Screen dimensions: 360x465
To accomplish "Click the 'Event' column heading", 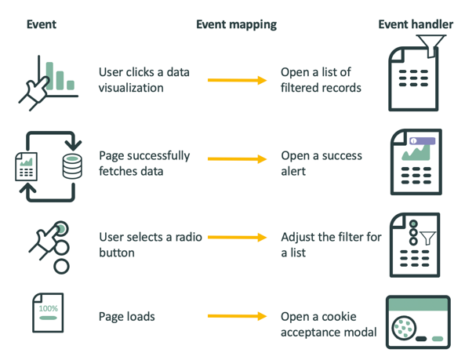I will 41,24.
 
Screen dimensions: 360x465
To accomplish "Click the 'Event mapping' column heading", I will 235,24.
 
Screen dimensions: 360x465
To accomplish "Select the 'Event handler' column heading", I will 415,24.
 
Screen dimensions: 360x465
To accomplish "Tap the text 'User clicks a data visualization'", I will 143,80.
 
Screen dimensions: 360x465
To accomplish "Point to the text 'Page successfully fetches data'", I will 144,162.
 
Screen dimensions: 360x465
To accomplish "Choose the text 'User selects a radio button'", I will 143,245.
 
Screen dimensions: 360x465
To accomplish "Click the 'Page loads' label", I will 126,317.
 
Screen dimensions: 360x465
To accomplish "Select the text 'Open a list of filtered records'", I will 321,80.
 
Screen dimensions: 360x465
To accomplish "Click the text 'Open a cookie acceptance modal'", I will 329,324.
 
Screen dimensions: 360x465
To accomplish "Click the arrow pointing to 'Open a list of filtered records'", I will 238,80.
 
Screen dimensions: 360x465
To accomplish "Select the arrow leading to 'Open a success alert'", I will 238,160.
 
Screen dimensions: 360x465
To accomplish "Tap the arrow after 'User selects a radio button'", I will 238,239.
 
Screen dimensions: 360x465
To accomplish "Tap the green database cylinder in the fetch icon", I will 71,166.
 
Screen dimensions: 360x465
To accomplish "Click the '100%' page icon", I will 48,315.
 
